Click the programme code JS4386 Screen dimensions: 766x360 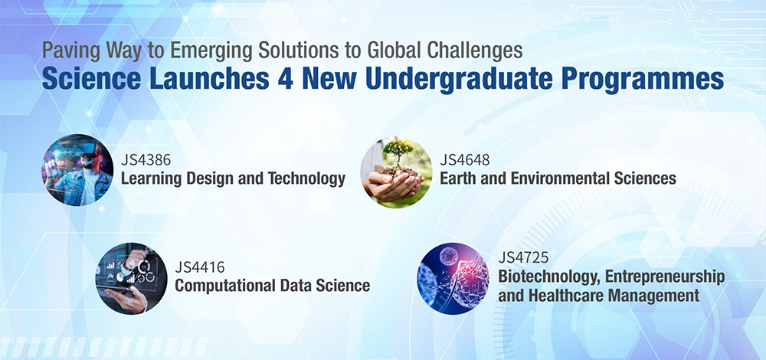[x=142, y=160]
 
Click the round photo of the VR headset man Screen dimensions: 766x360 [x=77, y=170]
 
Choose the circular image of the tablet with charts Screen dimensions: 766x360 [x=132, y=279]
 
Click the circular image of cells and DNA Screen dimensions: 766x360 [x=453, y=279]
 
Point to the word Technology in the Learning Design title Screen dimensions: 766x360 [x=306, y=178]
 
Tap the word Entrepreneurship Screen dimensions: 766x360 [x=665, y=277]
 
